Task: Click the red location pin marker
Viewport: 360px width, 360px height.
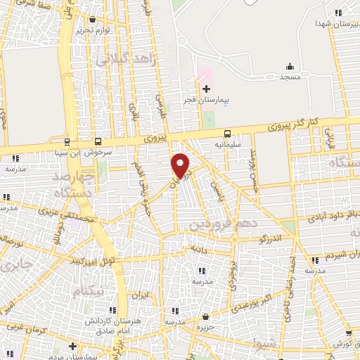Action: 181,165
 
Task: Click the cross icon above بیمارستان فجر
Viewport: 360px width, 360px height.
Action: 206,89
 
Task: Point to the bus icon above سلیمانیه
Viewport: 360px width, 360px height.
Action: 227,134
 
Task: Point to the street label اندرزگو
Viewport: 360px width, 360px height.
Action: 271,240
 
